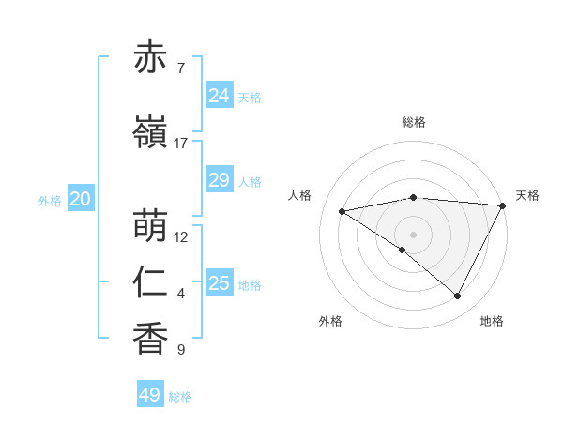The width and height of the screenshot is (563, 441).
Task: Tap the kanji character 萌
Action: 151,226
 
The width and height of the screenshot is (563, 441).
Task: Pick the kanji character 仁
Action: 151,282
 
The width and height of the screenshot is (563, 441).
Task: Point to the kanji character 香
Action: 151,339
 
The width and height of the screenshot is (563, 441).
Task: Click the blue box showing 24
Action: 219,96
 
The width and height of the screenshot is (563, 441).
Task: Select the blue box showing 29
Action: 219,180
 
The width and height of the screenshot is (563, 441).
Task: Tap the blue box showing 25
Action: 219,283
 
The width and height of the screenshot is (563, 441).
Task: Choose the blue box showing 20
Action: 81,199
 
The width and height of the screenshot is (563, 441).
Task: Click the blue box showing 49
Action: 150,395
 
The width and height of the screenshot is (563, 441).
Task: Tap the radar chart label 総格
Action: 414,123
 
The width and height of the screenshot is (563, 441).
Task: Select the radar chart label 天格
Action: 527,195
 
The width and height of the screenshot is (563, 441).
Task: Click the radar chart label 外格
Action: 330,322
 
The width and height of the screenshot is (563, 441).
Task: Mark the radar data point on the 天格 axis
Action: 503,205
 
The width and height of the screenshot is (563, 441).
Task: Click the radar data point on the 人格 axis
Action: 342,211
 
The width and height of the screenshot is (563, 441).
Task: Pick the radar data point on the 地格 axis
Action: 458,297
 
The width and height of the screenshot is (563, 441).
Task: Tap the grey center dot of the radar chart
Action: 413,235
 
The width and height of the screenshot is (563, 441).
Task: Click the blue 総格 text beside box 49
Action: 180,397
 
